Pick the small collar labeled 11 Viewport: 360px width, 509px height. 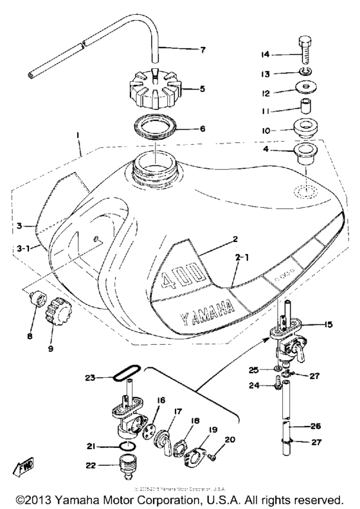pos(304,105)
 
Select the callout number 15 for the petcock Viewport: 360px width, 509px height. pos(328,325)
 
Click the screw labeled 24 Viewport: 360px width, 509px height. pos(278,385)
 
